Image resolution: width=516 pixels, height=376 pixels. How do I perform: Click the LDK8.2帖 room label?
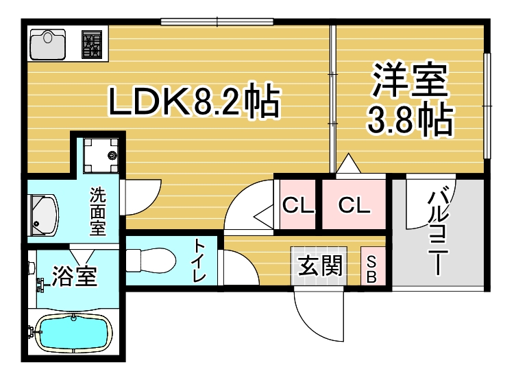pos(194,104)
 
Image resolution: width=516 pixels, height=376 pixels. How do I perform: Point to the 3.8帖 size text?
pos(410,121)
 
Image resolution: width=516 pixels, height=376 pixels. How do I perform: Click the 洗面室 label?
pos(98,211)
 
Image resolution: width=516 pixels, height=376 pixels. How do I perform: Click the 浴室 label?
pos(75,276)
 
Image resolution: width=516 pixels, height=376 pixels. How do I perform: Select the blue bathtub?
pos(72,334)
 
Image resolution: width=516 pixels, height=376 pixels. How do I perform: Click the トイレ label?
pos(199,261)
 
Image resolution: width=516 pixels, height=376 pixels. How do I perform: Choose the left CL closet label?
pos(297,204)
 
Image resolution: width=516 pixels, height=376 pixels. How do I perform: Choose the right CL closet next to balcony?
pos(354,204)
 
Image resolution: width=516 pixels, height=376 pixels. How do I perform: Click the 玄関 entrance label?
pos(320,265)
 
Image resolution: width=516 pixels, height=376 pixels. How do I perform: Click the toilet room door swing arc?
pos(234,265)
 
